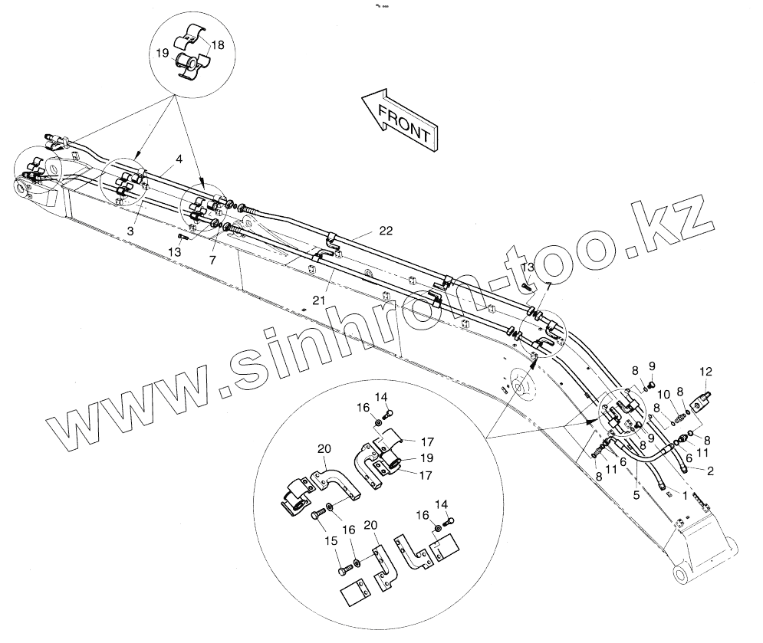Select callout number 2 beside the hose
pos(711,471)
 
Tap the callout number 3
pos(131,230)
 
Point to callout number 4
pos(178,159)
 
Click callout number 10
pos(664,395)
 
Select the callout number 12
pos(706,372)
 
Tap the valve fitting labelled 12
pos(702,400)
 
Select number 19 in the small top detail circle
pos(162,54)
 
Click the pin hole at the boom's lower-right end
pos(681,576)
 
